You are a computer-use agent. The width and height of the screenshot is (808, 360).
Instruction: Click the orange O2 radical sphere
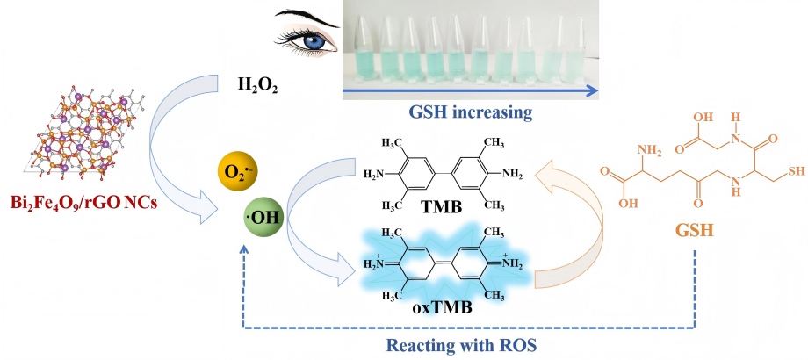[239, 168]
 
